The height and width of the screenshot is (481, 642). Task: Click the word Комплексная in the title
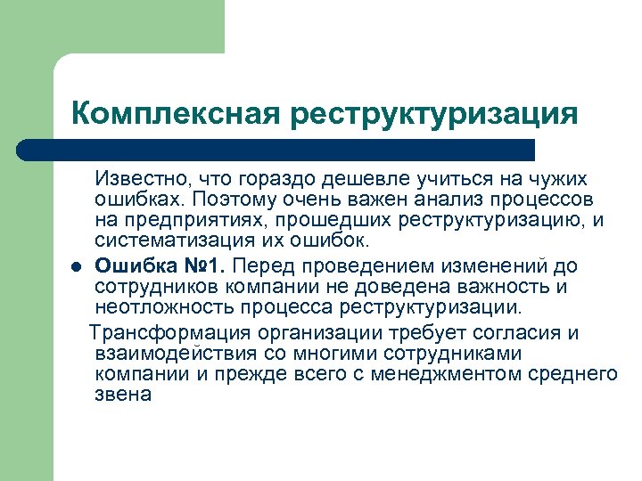[174, 113]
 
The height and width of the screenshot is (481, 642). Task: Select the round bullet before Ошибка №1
[78, 266]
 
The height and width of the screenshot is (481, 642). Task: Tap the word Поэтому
[234, 199]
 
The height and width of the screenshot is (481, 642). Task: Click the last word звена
[123, 395]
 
